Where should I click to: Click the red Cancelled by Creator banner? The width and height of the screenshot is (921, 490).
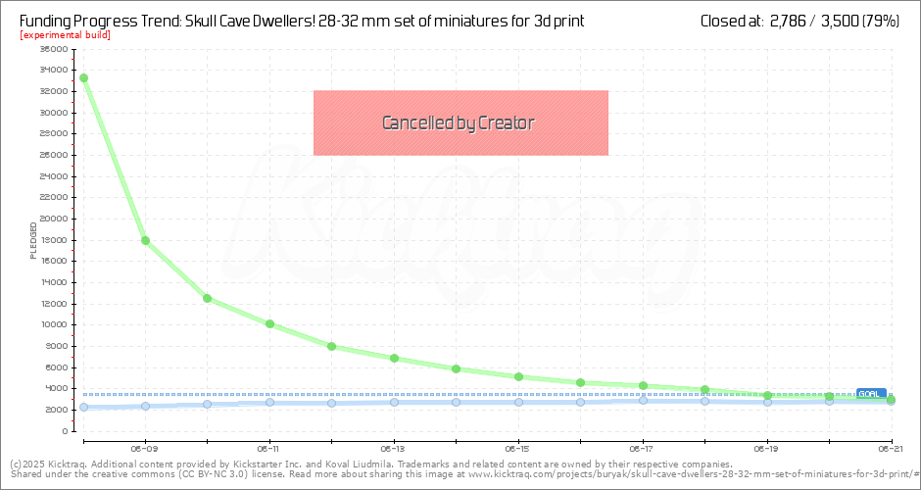coord(460,122)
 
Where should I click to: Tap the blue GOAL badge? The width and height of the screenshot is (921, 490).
coord(869,393)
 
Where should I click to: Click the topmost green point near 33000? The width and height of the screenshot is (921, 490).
coord(83,77)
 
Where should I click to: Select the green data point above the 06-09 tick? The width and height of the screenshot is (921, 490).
coord(145,240)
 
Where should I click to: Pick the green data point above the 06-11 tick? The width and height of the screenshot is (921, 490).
coord(269,323)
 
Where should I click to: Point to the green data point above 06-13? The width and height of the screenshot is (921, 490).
coord(394,358)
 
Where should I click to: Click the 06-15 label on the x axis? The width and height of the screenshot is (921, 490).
coord(517,446)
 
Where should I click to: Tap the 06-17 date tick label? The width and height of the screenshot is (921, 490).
coord(642,446)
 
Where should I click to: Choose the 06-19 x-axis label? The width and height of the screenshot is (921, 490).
coord(766,446)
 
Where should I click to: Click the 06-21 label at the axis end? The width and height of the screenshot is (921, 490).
coord(890,446)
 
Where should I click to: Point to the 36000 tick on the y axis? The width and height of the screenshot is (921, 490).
coord(54,49)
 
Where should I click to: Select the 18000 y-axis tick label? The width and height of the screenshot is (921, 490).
coord(54,240)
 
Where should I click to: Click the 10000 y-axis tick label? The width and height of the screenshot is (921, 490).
coord(54,324)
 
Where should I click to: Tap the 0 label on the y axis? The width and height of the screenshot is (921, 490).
coord(63,431)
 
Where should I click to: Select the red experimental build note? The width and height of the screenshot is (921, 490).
coord(65,35)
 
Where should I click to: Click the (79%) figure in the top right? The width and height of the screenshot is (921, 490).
coord(881,20)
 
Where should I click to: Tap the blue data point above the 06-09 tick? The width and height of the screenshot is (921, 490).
coord(145,406)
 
